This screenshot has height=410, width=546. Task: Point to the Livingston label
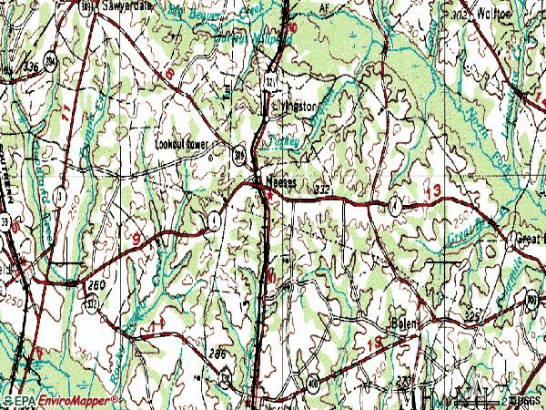point(298,106)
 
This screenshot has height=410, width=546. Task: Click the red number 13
point(433,190)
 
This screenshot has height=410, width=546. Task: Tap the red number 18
point(168,73)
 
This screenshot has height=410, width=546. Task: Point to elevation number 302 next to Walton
point(463,15)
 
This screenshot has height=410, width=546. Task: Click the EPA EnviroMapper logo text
point(61,400)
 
